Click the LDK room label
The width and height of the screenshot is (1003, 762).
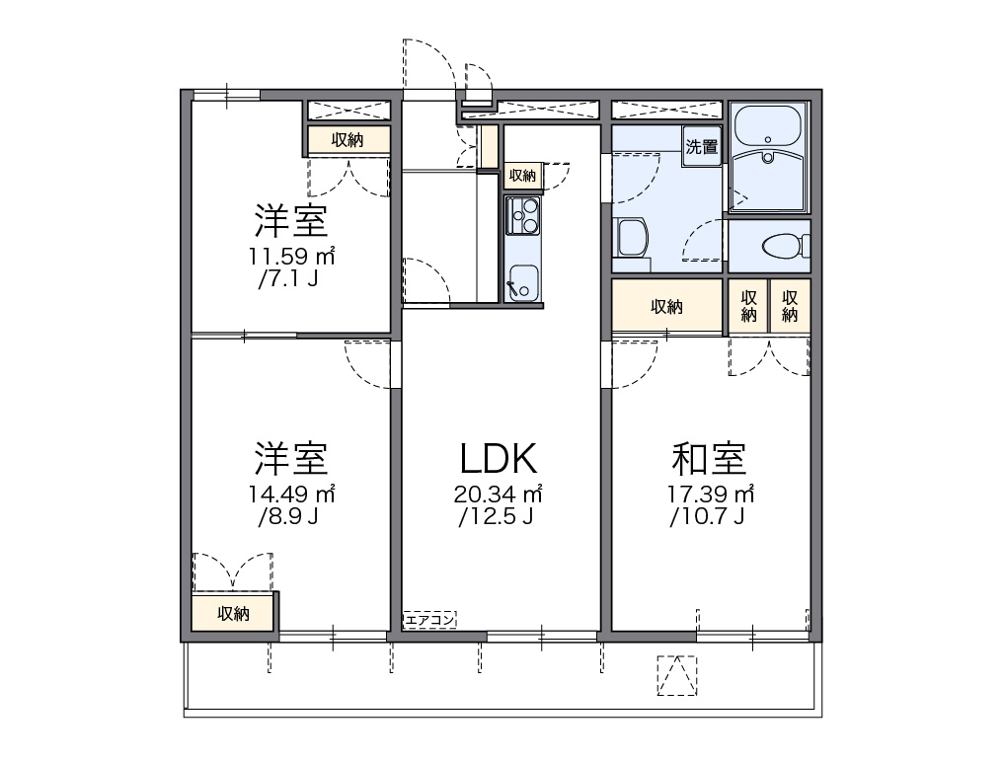[x=499, y=458]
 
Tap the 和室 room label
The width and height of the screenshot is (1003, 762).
[x=709, y=458]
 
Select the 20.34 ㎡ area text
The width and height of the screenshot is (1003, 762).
[x=500, y=494]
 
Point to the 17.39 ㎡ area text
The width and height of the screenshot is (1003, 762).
[x=711, y=494]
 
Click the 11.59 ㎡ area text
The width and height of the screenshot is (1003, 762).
[x=291, y=257]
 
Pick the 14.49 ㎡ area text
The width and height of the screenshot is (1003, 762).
[x=291, y=494]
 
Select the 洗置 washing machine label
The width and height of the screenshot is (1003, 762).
[x=702, y=148]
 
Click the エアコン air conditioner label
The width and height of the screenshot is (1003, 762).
[x=429, y=620]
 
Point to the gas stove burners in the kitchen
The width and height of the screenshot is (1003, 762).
[x=522, y=214]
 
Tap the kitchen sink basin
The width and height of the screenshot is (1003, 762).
[x=521, y=281]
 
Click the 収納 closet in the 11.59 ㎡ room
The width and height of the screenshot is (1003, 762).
[x=347, y=140]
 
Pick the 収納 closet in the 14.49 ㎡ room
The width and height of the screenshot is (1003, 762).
[x=233, y=614]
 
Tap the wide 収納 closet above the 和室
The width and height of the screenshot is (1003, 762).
[x=666, y=306]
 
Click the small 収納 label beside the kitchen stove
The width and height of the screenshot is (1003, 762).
[x=522, y=176]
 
